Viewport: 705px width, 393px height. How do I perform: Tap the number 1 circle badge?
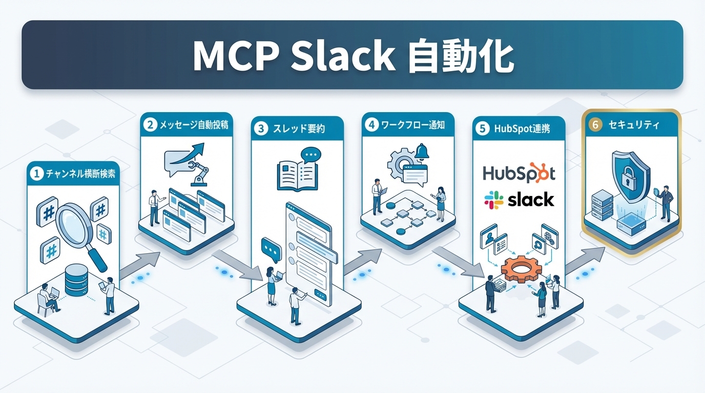point(36,174)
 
